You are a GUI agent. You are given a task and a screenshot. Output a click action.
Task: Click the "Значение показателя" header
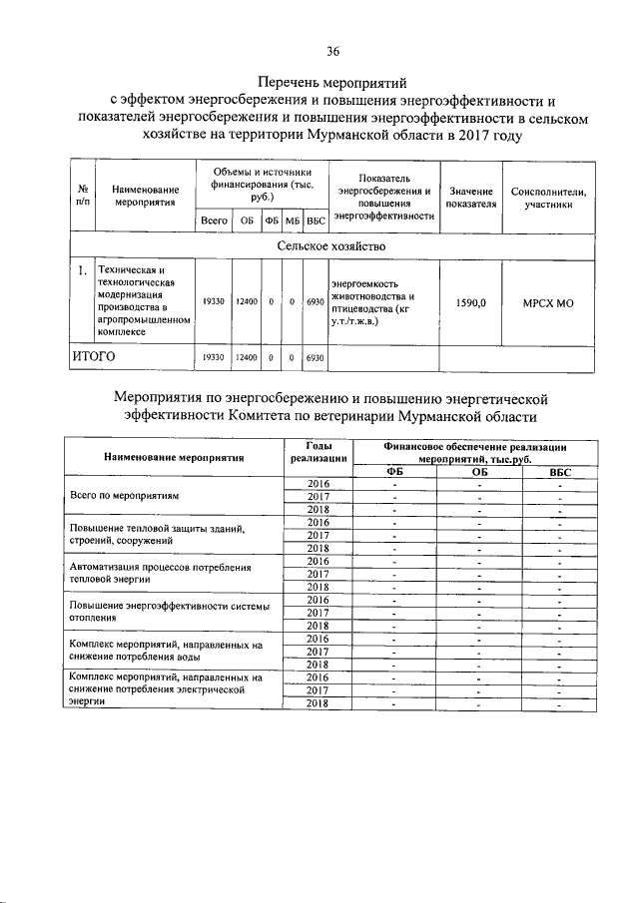(x=471, y=196)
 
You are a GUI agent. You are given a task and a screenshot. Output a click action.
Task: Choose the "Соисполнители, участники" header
(x=548, y=196)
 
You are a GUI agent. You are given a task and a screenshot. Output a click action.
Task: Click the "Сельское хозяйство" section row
(x=333, y=245)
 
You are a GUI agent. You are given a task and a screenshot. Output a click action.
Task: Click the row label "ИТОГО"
(x=93, y=355)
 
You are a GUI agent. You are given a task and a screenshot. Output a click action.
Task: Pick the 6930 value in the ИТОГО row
(x=316, y=356)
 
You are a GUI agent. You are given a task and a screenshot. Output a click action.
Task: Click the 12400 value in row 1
(x=247, y=300)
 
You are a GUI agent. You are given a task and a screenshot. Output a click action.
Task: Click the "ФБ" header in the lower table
(x=395, y=472)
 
